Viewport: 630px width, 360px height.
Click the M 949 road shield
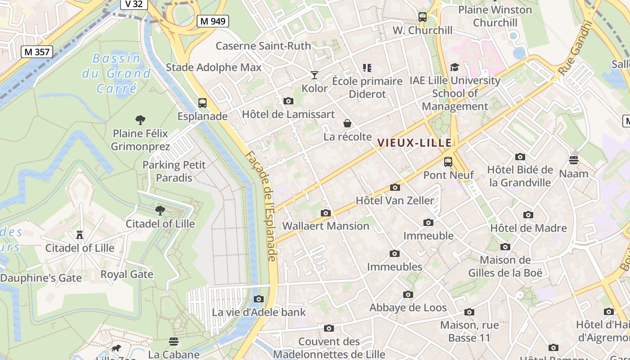coord(213,21)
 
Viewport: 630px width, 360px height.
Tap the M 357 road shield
coord(37,52)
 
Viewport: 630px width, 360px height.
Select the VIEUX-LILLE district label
coord(414,143)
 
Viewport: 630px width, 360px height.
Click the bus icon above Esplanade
coord(202,103)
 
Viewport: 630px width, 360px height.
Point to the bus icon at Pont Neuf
coord(448,162)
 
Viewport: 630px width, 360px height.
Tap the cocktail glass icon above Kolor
coord(315,75)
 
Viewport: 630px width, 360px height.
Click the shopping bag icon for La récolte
coord(347,123)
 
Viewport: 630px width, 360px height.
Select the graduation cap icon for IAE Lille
coord(454,67)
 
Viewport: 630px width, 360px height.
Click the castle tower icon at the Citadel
coord(80,234)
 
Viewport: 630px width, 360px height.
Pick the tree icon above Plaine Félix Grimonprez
coord(140,120)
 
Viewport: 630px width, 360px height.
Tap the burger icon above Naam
coord(573,160)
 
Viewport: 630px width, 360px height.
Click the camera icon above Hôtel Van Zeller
coord(395,187)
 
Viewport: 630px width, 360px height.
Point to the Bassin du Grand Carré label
coord(116,73)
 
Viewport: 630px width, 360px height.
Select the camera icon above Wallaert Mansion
coord(326,213)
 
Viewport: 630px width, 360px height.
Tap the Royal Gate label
coord(127,274)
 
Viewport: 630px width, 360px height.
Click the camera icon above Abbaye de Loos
coord(408,294)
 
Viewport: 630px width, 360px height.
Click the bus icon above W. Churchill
coord(423,17)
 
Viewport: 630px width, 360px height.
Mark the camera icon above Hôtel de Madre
coord(528,215)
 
